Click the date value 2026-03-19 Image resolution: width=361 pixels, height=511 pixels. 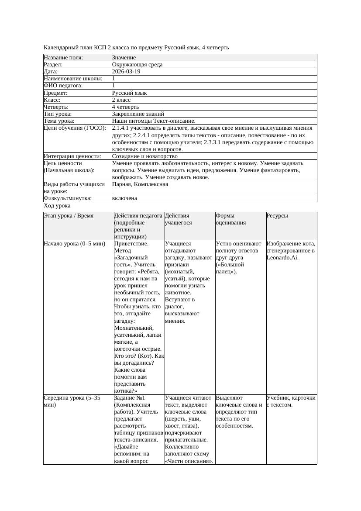(x=126, y=72)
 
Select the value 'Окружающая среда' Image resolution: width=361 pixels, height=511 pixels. (x=137, y=65)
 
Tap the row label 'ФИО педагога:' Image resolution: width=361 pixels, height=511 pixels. (x=63, y=86)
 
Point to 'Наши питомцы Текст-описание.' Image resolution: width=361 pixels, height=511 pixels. (x=154, y=121)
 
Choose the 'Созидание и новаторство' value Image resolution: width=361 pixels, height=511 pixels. (x=144, y=156)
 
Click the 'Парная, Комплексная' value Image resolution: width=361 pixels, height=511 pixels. (x=140, y=184)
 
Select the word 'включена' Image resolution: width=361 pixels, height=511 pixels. (x=124, y=198)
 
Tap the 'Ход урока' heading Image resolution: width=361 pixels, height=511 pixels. (x=57, y=206)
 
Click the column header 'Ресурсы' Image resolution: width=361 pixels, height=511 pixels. (x=277, y=216)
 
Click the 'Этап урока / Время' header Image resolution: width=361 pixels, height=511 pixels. (x=69, y=216)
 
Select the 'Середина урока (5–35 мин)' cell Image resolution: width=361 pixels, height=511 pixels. (x=72, y=401)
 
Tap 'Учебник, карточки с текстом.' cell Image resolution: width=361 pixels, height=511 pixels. (x=291, y=401)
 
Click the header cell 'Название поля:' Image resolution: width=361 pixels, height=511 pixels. (x=63, y=58)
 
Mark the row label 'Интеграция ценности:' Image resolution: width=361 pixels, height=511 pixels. (x=72, y=156)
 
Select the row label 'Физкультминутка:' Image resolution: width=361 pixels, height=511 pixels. (x=68, y=198)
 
